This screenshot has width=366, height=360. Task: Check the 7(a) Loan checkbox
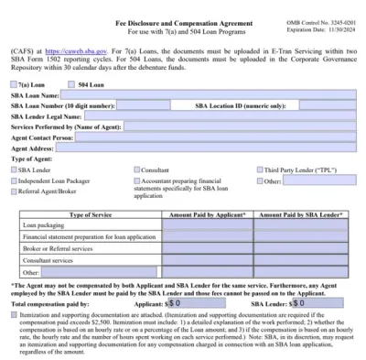15,84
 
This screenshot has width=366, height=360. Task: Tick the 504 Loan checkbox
72,84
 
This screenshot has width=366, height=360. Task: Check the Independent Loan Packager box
15,181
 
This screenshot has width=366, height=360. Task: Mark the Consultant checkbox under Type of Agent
137,169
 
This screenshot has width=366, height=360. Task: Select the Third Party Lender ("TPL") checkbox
260,169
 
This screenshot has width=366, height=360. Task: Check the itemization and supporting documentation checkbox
14,313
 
